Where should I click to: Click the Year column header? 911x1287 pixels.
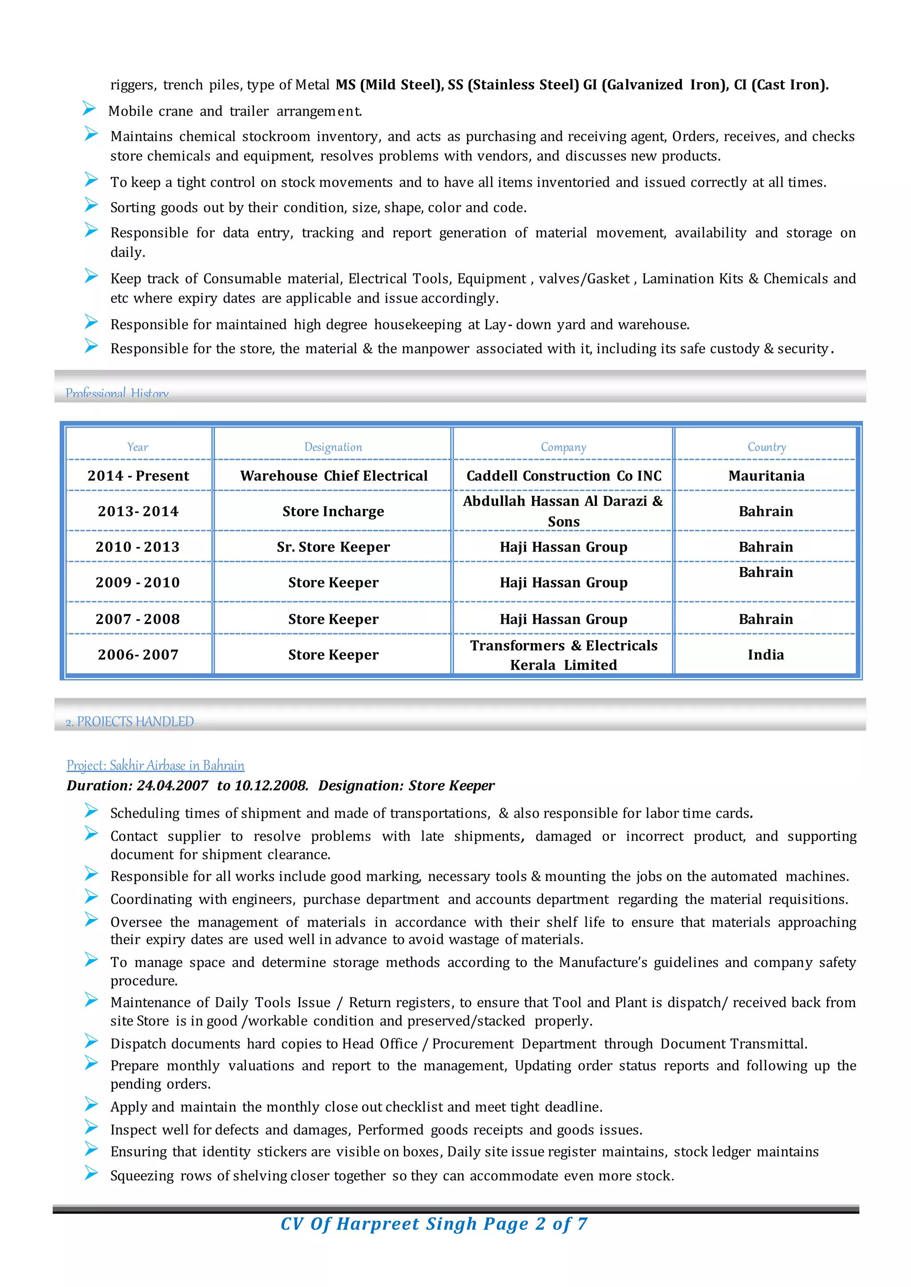coord(137,447)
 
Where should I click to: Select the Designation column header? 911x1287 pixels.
coord(333,447)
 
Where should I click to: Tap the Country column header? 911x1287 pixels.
coord(766,447)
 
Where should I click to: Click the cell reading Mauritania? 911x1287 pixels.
coord(766,476)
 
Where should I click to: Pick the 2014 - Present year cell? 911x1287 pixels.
coord(138,476)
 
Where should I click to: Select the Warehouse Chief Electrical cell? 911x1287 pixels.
coord(334,476)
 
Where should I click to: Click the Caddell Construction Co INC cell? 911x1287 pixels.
coord(564,476)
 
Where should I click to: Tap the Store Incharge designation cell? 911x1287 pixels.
coord(333,511)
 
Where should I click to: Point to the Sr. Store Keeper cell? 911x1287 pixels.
coord(333,547)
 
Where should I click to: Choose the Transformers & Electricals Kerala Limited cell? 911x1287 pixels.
coord(564,655)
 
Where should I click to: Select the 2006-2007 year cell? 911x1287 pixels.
coord(138,655)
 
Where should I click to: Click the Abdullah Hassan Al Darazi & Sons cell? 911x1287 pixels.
coord(563,511)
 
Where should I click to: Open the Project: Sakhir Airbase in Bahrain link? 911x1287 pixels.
coord(155,765)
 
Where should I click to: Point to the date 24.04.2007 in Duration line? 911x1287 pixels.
coord(172,785)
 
